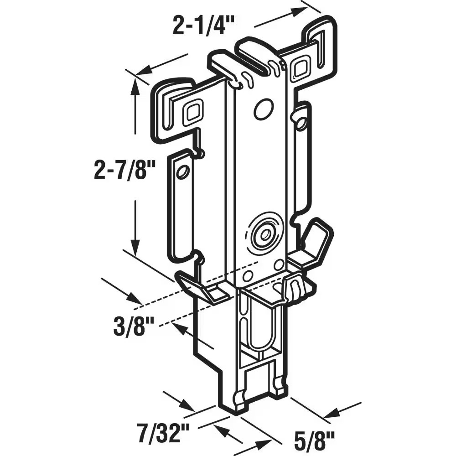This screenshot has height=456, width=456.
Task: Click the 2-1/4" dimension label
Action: pyautogui.click(x=203, y=25)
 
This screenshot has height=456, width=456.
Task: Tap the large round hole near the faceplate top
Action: pyautogui.click(x=264, y=109)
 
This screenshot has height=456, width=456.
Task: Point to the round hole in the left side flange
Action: pyautogui.click(x=183, y=172)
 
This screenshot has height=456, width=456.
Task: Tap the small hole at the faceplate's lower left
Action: pyautogui.click(x=248, y=275)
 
